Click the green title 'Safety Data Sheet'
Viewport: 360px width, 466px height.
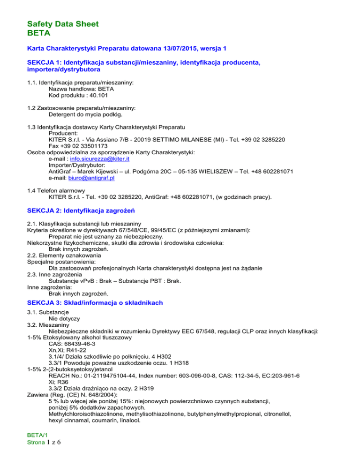63,24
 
